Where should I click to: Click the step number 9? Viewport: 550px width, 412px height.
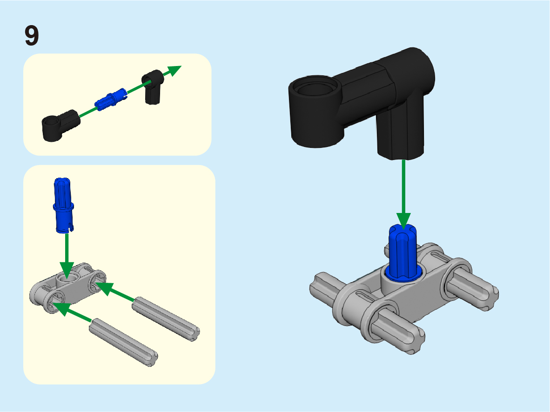point(32,35)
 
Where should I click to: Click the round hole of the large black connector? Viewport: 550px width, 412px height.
point(315,87)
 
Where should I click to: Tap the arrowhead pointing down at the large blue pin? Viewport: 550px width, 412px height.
point(404,221)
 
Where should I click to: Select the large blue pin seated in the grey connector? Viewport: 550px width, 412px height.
point(402,253)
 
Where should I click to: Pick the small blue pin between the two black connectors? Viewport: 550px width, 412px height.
point(110,99)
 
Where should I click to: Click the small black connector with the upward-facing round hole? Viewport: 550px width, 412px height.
point(61,125)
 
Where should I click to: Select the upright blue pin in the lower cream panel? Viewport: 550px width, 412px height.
point(63,205)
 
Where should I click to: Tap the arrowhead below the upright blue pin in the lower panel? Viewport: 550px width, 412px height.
point(67,270)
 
